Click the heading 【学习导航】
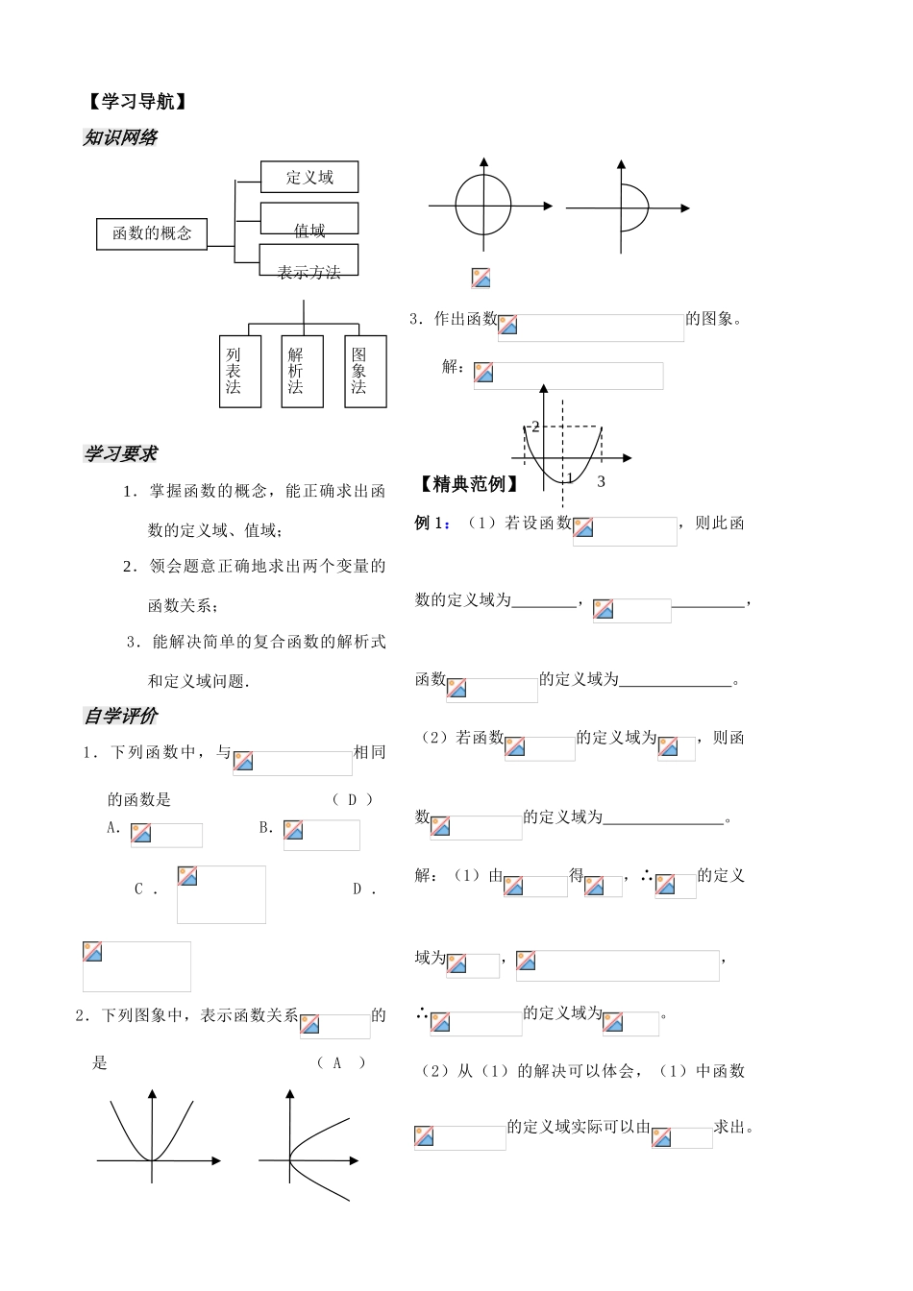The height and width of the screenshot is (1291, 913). [137, 102]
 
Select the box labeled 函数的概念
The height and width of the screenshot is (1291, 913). [152, 233]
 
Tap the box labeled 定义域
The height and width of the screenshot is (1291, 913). [309, 177]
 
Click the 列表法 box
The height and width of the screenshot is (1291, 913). [240, 371]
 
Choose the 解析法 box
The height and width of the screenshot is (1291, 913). [302, 371]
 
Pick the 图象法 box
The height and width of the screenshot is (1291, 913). [365, 371]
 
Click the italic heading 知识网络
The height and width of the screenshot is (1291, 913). [120, 137]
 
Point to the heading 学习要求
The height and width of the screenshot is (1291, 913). [120, 453]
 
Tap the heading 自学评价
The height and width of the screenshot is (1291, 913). [120, 716]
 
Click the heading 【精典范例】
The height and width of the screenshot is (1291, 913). [468, 484]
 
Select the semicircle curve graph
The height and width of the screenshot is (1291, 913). [649, 207]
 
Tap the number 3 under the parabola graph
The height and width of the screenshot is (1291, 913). [601, 481]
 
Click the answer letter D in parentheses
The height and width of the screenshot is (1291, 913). [353, 799]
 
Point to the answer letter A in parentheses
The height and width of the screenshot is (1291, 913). [337, 1063]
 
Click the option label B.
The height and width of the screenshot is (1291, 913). [266, 828]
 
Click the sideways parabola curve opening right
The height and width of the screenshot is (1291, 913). [289, 1159]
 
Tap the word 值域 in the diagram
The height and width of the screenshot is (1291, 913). [309, 231]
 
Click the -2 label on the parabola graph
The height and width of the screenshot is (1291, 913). [533, 426]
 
